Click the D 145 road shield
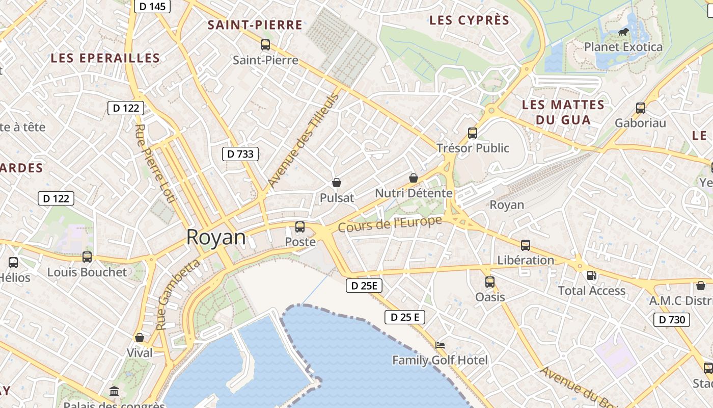tap(152, 6)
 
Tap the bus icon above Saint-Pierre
tap(265, 45)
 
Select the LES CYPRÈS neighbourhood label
tap(469, 20)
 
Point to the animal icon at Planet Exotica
tap(623, 32)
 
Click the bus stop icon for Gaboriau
tap(641, 108)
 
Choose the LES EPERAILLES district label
tap(105, 58)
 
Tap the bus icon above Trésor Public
tap(473, 133)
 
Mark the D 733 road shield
tap(240, 154)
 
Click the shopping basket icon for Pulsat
tap(336, 183)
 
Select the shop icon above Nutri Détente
tap(414, 178)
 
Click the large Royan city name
tap(216, 237)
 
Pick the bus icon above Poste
tap(300, 227)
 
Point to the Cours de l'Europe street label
tap(390, 224)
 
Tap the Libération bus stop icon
tap(526, 245)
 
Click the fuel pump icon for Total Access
tap(591, 275)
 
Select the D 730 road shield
tap(672, 320)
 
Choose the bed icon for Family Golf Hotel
tap(440, 345)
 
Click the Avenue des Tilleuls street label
tap(303, 141)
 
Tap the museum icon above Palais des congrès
tap(114, 392)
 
